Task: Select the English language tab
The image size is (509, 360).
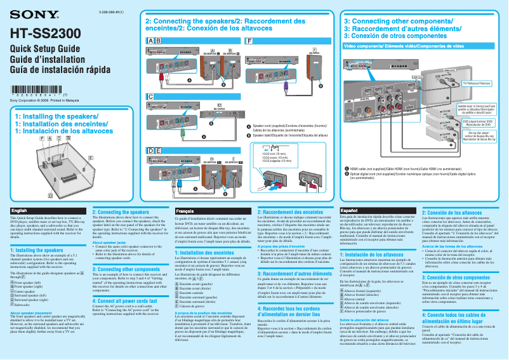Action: coord(19,210)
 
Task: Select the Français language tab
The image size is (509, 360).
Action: coord(185,210)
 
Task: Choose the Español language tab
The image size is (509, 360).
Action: coord(350,210)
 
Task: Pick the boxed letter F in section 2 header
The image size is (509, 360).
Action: coord(248,40)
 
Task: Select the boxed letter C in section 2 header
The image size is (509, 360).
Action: coord(150,96)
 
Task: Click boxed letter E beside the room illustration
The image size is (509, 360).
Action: coord(90,157)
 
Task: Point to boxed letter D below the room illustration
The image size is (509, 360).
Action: coord(51,195)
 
